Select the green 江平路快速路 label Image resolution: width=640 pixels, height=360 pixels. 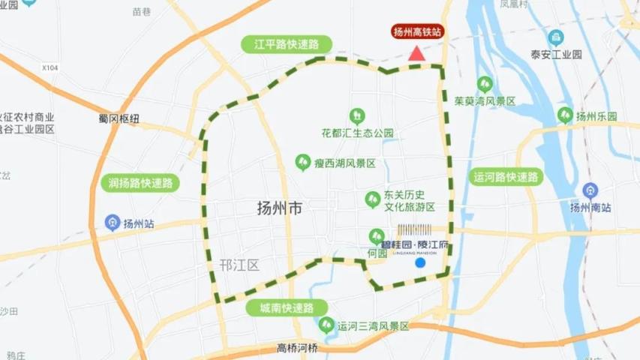pyautogui.click(x=287, y=44)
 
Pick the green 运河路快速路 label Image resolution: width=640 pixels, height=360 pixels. pyautogui.click(x=506, y=177)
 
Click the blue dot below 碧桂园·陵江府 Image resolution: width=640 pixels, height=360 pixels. pyautogui.click(x=420, y=262)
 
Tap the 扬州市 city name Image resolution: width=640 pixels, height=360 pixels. pyautogui.click(x=279, y=208)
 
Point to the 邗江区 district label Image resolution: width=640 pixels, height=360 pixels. pyautogui.click(x=239, y=265)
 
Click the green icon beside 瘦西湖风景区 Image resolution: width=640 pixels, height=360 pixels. pyautogui.click(x=303, y=162)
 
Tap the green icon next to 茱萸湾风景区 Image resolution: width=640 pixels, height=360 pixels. pyautogui.click(x=485, y=83)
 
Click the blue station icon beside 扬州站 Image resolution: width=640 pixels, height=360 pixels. pyautogui.click(x=113, y=223)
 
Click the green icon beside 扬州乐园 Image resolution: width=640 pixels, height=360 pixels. pyautogui.click(x=565, y=115)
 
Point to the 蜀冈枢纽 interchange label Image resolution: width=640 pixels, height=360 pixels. pyautogui.click(x=119, y=118)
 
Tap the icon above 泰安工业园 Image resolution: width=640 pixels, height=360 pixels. pyautogui.click(x=556, y=37)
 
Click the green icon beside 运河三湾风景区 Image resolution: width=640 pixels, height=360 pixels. pyautogui.click(x=326, y=325)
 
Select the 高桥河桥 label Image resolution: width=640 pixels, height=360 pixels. pyautogui.click(x=297, y=348)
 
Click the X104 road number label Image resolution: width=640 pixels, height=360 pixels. pyautogui.click(x=50, y=67)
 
